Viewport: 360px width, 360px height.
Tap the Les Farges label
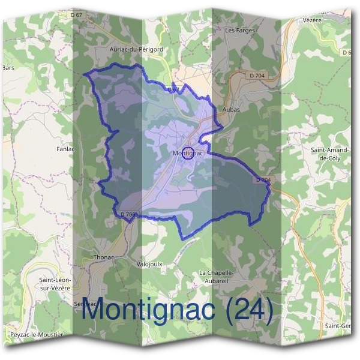click(x=240, y=30)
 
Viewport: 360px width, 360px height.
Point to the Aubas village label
click(x=231, y=110)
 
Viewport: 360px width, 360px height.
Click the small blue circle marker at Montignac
click(x=188, y=154)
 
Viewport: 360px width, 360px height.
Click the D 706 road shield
click(x=129, y=214)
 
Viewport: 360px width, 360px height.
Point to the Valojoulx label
click(x=150, y=263)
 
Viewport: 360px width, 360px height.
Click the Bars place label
click(x=8, y=68)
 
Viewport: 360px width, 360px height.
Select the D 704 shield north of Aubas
click(x=256, y=75)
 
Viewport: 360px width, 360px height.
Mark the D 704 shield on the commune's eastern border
click(x=263, y=180)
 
